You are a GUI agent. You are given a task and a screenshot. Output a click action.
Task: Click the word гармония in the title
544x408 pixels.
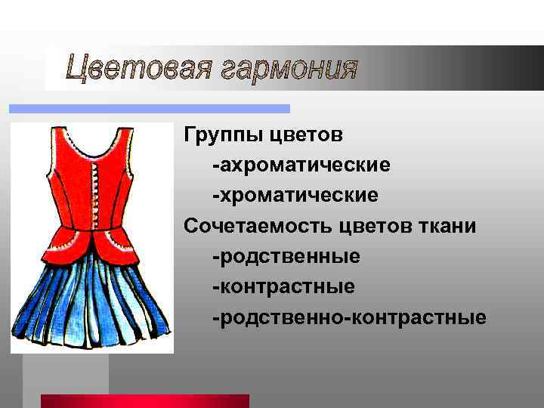click(291, 70)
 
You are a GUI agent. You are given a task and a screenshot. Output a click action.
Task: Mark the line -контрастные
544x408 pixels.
click(283, 286)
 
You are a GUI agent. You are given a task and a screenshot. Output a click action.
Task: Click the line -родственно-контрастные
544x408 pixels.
click(349, 317)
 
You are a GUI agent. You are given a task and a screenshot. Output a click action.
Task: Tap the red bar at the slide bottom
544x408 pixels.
click(144, 400)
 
